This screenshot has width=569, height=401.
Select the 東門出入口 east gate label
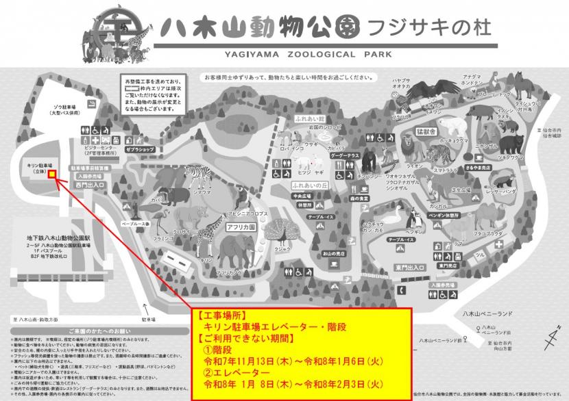407,267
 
